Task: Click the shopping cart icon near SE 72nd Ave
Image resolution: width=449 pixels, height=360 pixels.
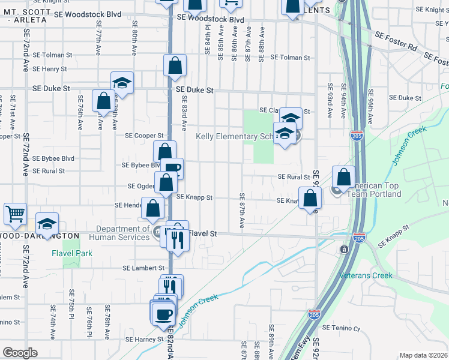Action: pos(15,213)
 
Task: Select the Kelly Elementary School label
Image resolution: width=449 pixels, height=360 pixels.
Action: pos(235,136)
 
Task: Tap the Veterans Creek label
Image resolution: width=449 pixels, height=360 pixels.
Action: pos(366,275)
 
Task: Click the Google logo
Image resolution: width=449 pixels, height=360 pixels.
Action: pos(19,353)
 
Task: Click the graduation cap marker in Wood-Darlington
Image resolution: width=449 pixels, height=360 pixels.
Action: pos(47,224)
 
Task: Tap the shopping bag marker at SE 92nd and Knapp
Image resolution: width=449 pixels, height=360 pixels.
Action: pos(310,199)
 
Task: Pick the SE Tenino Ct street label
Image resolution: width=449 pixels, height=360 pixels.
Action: pos(340,328)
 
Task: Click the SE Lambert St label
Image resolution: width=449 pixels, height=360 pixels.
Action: pos(143,268)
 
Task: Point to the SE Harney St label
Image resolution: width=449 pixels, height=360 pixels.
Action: pos(144,339)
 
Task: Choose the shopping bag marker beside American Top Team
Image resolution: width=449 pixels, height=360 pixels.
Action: pos(344,177)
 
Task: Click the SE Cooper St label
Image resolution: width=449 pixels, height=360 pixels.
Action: pos(144,136)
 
